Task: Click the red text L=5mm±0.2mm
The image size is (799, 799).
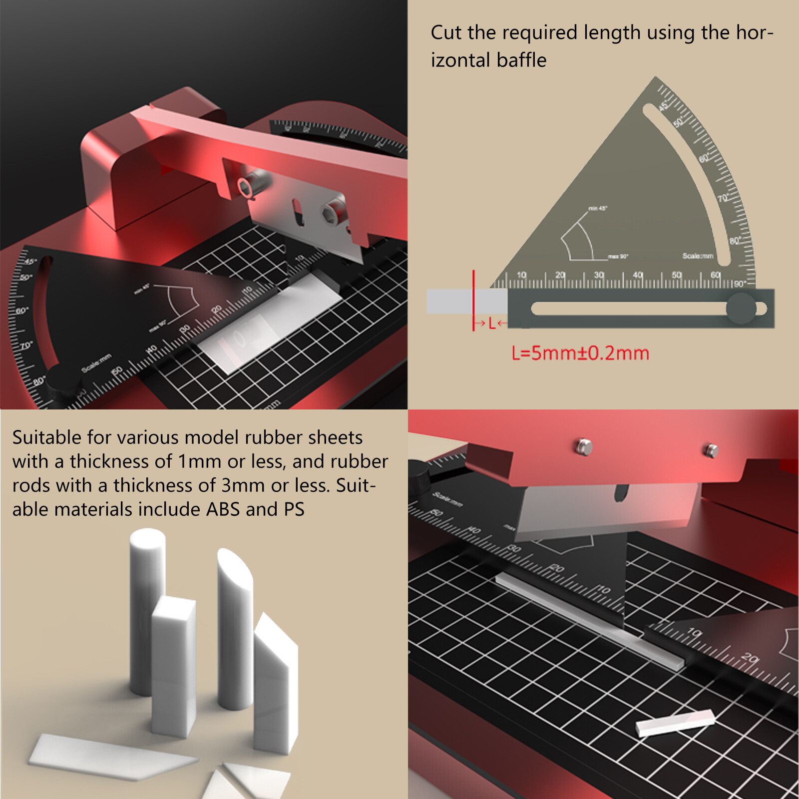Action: tap(580, 354)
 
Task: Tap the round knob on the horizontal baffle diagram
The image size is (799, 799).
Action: tap(741, 308)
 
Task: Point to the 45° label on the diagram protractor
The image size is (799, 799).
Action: tap(663, 106)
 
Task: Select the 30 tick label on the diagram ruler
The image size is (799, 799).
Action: tap(599, 275)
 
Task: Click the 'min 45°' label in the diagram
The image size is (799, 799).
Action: tap(597, 208)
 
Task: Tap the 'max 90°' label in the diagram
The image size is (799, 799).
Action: tap(618, 256)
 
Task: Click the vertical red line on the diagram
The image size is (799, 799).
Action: tap(473, 300)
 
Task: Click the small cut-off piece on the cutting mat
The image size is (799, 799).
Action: tap(675, 722)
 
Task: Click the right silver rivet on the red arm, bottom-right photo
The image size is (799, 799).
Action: tap(712, 449)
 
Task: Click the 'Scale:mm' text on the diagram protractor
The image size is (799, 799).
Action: tap(698, 256)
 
